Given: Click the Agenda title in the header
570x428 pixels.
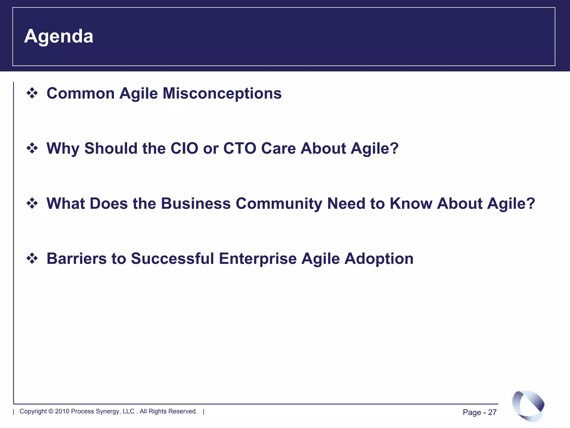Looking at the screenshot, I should point(58,36).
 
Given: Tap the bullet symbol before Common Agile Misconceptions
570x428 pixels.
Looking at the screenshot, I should point(32,93).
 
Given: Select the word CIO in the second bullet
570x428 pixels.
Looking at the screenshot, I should point(184,148).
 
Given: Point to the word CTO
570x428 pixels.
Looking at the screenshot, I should point(240,148).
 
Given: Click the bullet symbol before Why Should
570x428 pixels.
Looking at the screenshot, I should point(32,148).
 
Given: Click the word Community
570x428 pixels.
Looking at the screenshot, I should point(279,203).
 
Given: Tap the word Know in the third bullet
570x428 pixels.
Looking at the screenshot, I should point(411,203).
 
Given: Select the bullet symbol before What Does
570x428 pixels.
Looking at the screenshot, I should point(32,203).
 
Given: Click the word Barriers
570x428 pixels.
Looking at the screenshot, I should point(77,258).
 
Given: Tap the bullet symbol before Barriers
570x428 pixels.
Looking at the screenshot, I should point(32,258).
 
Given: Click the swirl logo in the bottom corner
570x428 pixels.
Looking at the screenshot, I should point(528,405).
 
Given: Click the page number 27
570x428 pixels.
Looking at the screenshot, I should point(492,412).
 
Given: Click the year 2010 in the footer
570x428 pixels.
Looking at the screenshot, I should point(62,411).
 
